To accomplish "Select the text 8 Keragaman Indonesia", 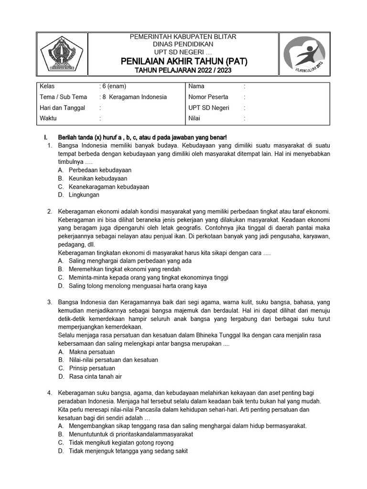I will (x=135, y=97).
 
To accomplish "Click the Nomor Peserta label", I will (x=208, y=97).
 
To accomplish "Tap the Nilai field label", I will (x=195, y=118).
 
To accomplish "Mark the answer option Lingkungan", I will (x=84, y=195).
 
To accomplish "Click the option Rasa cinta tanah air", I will (x=96, y=376).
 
